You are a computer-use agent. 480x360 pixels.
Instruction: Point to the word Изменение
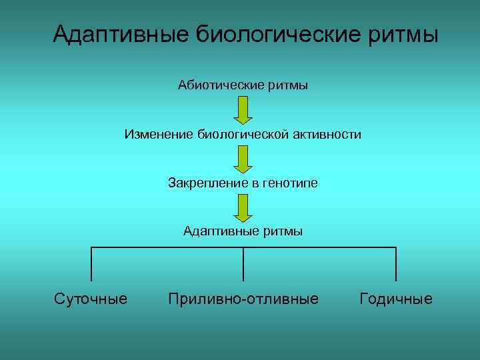(157, 135)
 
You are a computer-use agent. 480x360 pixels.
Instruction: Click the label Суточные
(91, 299)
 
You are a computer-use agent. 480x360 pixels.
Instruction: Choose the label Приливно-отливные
(243, 299)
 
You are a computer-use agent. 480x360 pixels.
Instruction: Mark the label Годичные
(396, 299)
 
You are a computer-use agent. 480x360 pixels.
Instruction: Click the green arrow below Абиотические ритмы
(243, 109)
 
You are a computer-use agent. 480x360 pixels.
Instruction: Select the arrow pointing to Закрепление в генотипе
(243, 159)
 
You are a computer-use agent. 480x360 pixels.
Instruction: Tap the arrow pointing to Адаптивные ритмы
(243, 207)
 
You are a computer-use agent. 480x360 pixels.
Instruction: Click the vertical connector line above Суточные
(91, 264)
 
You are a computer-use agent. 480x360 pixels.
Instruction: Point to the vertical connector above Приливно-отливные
(243, 264)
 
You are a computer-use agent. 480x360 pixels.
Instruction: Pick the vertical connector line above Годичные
(396, 264)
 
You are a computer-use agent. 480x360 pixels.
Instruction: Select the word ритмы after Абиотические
(288, 85)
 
